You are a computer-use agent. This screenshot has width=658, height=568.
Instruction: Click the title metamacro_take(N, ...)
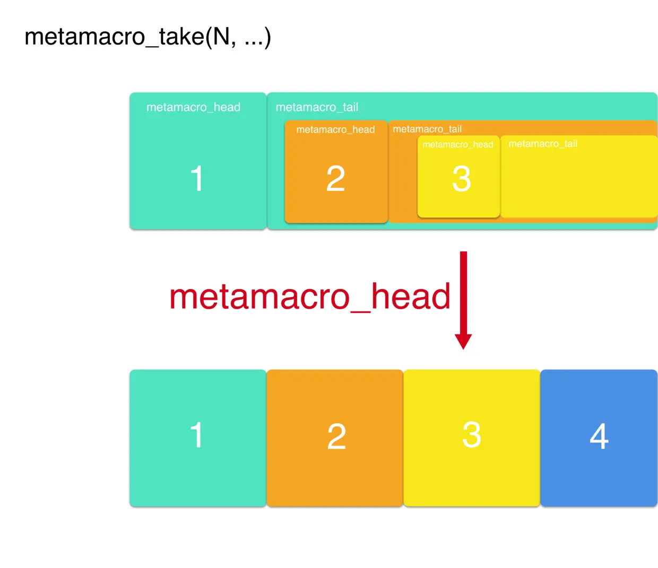(x=148, y=37)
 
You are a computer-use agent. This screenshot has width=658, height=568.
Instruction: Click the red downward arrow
(x=463, y=297)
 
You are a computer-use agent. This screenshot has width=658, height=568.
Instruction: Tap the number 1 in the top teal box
(x=197, y=178)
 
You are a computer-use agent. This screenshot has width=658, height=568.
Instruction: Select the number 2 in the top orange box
(x=335, y=179)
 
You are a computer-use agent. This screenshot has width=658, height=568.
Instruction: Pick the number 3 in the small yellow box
(x=461, y=179)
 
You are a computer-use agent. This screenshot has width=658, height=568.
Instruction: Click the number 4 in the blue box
(x=599, y=436)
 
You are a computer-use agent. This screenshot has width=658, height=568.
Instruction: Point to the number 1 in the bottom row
(x=197, y=435)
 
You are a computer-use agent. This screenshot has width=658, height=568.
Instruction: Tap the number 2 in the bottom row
(x=336, y=436)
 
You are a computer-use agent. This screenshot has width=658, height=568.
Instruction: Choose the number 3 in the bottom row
(x=471, y=435)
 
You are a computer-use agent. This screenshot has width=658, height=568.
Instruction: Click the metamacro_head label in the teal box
(x=193, y=107)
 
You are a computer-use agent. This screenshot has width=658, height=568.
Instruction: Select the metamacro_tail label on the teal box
(x=317, y=107)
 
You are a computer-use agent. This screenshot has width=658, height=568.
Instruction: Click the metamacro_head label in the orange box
(x=335, y=129)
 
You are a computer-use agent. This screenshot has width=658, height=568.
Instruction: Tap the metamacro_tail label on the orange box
(x=427, y=129)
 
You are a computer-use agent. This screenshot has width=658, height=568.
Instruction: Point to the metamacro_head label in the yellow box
(x=457, y=144)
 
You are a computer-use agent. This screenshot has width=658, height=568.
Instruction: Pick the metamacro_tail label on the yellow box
(x=543, y=144)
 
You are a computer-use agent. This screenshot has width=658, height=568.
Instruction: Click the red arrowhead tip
(x=463, y=347)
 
